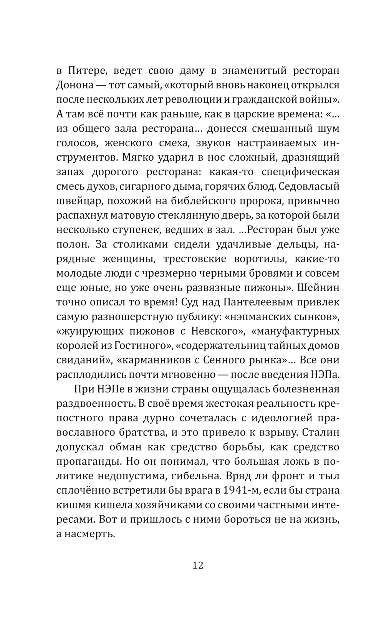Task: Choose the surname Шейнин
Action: point(317,288)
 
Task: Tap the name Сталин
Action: point(321,432)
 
